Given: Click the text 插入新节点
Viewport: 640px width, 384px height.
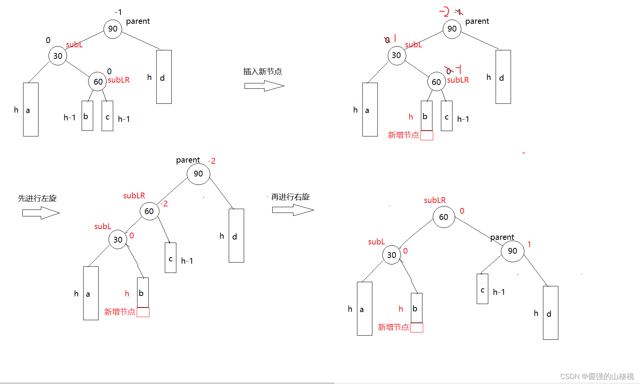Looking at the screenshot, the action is tap(262, 71).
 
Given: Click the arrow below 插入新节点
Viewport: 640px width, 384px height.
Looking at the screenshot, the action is tap(264, 86).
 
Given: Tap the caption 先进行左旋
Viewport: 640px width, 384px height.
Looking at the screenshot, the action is tap(37, 198).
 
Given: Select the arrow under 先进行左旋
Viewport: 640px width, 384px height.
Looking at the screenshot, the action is tap(41, 213).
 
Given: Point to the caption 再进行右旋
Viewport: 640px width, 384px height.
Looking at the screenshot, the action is tap(290, 197).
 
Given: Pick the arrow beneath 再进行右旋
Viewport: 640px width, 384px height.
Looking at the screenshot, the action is tap(293, 210).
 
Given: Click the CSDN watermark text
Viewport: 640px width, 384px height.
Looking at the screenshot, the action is tap(597, 376).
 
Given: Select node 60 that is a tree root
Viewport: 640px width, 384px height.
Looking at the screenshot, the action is tap(444, 217).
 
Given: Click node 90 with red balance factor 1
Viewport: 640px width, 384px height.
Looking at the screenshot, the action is tap(512, 251).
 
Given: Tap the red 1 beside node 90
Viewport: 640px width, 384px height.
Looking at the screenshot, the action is tap(529, 244).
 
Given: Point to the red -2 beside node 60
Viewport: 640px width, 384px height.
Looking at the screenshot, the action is tap(164, 204).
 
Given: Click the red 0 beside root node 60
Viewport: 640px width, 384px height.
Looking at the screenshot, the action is tap(462, 211).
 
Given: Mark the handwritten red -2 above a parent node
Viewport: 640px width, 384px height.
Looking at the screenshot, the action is tap(444, 12).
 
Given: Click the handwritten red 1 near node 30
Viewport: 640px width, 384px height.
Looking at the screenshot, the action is tap(395, 38).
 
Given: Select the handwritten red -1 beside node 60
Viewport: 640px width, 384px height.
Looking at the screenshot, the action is tap(459, 69).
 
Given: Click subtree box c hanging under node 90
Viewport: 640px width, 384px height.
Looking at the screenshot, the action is tap(482, 289).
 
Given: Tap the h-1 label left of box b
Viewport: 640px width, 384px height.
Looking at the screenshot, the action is tap(70, 118).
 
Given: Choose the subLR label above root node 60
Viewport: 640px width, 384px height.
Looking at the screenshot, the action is tap(435, 200).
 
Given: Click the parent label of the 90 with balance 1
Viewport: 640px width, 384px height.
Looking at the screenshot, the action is tap(502, 237).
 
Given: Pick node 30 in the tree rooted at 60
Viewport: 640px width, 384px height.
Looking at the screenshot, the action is tap(391, 255).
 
